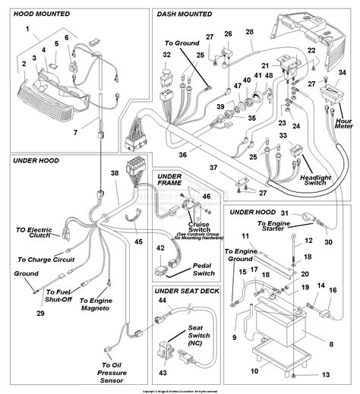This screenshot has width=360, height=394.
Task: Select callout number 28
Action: pos(249,32)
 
